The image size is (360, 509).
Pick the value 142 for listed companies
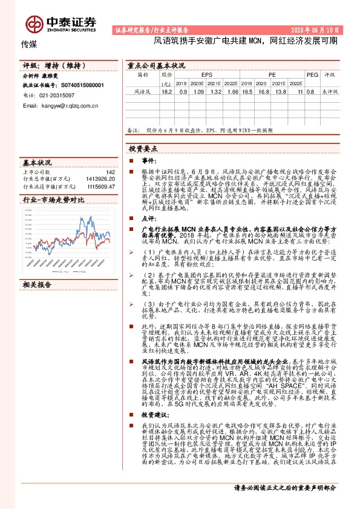point(110,172)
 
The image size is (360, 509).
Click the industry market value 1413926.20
point(100,179)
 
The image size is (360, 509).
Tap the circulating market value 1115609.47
point(100,186)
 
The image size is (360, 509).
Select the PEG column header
point(312,74)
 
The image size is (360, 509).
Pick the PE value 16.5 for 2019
point(247,91)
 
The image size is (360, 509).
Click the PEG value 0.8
point(311,91)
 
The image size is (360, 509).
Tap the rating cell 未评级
point(330,91)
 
